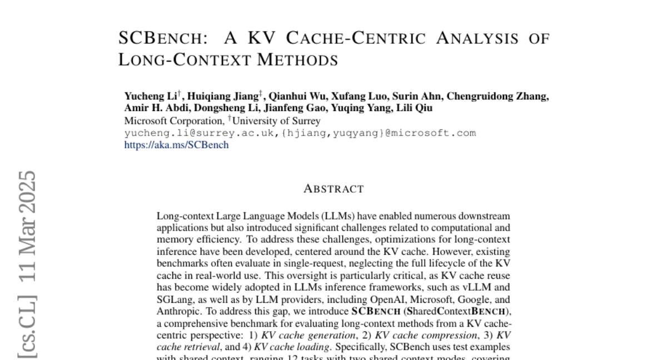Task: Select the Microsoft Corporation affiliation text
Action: [x=173, y=121]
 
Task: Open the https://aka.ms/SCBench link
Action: [x=176, y=145]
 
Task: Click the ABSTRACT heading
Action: [x=333, y=189]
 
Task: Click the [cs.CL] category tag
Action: [x=27, y=328]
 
